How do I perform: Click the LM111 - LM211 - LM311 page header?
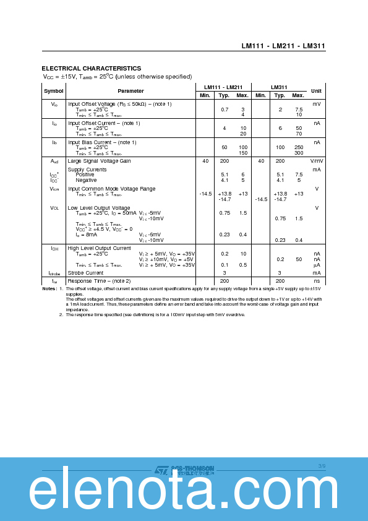click(283, 46)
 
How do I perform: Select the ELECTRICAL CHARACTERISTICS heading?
click(91, 68)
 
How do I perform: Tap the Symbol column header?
click(53, 91)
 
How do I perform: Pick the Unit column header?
click(316, 91)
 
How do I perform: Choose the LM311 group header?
click(279, 87)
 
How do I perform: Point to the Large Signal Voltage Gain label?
click(99, 161)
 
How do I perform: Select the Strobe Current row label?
click(85, 273)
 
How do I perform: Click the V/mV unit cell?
click(316, 161)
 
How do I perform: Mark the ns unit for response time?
click(316, 281)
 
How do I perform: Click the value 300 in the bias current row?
click(299, 153)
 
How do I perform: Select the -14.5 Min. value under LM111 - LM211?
click(205, 194)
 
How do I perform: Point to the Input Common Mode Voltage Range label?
click(111, 189)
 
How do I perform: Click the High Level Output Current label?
click(99, 248)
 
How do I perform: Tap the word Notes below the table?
click(49, 289)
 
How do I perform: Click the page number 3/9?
click(322, 465)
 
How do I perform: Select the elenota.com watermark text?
click(184, 493)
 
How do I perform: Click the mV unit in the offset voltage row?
click(316, 104)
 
